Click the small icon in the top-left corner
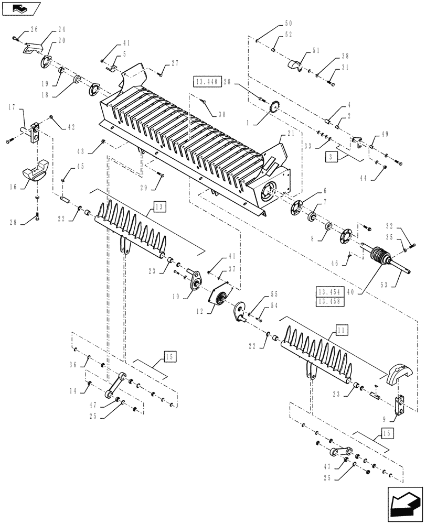(x=21, y=8)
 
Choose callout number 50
(x=289, y=24)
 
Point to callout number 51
(x=316, y=50)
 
